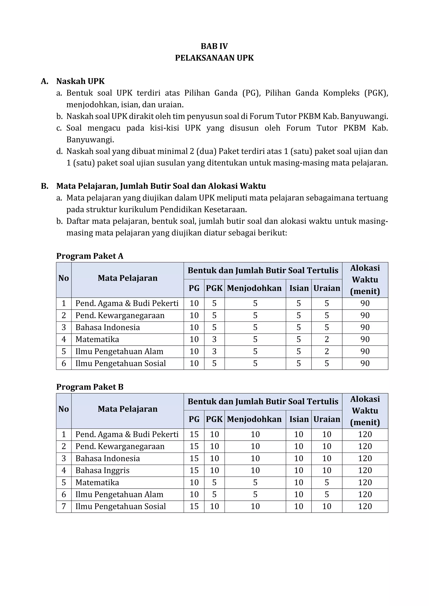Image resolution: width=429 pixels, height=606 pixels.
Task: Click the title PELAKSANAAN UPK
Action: point(214,58)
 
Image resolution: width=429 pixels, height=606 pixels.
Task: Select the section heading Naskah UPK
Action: point(80,81)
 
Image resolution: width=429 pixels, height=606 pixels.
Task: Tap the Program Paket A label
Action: point(90,256)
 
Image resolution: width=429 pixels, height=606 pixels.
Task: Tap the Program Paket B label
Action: point(90,387)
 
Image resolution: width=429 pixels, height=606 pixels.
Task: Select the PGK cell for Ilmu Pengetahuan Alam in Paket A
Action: point(214,351)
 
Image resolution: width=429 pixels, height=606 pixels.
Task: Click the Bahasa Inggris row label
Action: point(102,470)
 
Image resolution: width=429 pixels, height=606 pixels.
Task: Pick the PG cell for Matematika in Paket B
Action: point(194,482)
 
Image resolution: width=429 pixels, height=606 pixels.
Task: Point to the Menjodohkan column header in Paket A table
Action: point(254,288)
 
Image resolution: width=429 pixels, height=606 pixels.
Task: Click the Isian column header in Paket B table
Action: point(299,419)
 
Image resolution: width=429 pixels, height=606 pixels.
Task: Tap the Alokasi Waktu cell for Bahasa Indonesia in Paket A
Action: point(365,327)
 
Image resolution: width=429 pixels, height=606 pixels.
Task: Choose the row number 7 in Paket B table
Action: point(64,506)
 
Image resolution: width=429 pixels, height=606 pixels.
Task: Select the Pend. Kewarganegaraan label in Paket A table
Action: point(120,315)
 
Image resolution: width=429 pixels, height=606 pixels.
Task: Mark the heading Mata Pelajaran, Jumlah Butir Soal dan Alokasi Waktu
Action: point(161,186)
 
